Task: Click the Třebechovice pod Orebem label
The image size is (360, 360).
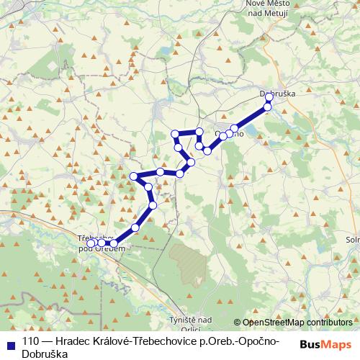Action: (x=96, y=243)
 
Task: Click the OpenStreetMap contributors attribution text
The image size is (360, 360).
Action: (x=297, y=322)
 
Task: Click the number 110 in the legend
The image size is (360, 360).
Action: (x=31, y=342)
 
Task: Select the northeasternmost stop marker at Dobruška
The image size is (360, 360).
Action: (x=270, y=97)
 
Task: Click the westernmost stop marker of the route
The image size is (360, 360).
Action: (x=91, y=243)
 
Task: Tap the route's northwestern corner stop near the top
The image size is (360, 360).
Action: (x=174, y=134)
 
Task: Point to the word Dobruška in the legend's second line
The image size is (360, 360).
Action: (x=45, y=355)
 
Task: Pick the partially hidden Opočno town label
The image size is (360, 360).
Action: (x=230, y=133)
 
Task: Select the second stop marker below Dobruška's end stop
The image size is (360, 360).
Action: (x=234, y=129)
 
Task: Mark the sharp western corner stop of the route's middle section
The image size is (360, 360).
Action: (x=133, y=176)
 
